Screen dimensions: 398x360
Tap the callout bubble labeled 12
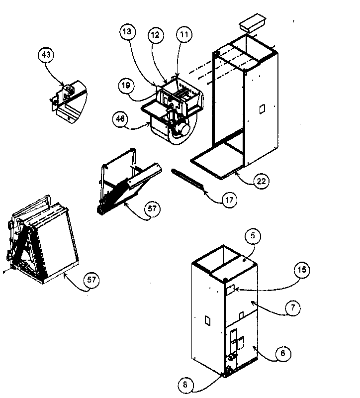tap(156, 35)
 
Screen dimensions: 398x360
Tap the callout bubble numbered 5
tap(253, 237)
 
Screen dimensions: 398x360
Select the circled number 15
tap(302, 270)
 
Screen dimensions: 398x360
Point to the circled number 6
tap(282, 353)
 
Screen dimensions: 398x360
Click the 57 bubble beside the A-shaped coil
tap(91, 280)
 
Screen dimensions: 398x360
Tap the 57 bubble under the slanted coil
tap(152, 209)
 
